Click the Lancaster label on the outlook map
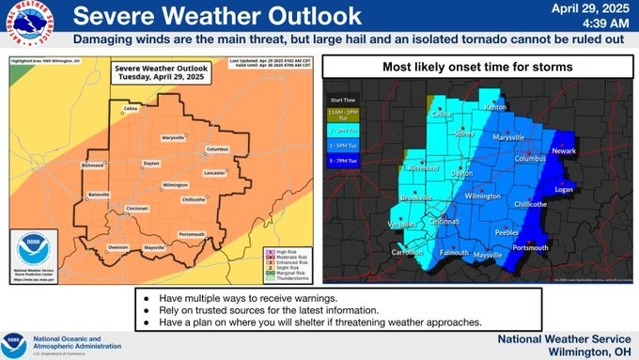click(x=213, y=172)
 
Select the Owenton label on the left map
click(x=117, y=247)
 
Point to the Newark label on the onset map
click(x=564, y=150)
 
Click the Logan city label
click(x=564, y=189)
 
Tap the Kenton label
click(x=494, y=108)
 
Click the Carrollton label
click(x=406, y=254)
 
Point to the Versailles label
click(x=402, y=224)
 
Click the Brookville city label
click(x=415, y=198)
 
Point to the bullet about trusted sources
click(x=286, y=309)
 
